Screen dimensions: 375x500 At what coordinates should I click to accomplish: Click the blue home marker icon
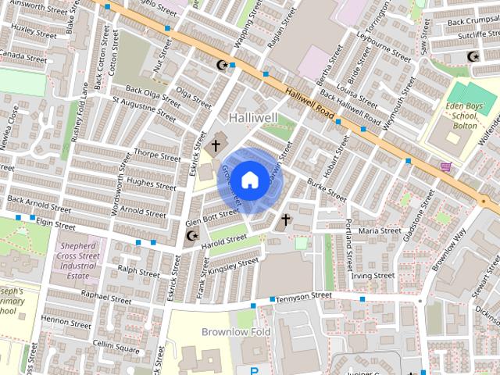(x=249, y=180)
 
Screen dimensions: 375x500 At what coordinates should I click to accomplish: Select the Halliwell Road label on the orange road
(x=310, y=102)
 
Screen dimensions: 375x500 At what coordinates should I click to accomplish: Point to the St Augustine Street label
(x=145, y=108)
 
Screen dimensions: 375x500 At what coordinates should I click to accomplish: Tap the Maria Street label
(x=378, y=230)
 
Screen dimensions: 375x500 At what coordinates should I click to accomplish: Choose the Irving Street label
(x=372, y=276)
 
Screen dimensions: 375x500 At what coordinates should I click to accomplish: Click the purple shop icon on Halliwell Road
(x=445, y=166)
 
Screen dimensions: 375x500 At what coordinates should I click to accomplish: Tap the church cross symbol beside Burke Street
(x=286, y=221)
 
